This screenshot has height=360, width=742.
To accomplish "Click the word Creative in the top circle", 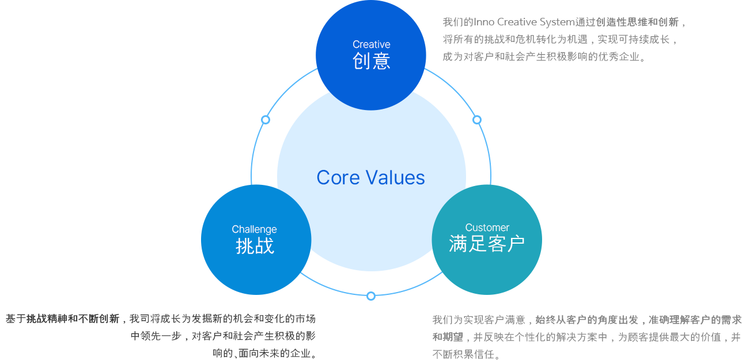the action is tap(372, 44).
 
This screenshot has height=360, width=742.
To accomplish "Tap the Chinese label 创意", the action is tap(372, 61).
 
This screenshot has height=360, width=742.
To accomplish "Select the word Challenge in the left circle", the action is tap(255, 229).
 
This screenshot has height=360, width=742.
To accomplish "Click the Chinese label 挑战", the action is tap(255, 246).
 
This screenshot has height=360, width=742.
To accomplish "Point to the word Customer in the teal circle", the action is tap(487, 228).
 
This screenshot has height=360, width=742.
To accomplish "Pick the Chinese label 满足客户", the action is tap(487, 244).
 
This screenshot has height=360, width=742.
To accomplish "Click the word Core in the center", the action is tap(338, 177).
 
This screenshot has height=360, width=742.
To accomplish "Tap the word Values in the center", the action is tap(396, 177).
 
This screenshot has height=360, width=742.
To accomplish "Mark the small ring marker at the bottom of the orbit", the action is tap(371, 295).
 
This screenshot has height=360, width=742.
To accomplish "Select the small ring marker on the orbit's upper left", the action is tap(266, 120).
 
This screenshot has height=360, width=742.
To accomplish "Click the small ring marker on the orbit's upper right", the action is tap(476, 120).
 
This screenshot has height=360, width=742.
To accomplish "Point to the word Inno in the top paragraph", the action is tap(484, 22).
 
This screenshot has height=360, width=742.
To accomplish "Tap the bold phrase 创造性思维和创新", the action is tap(637, 22).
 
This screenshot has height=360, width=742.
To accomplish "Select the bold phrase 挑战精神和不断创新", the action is tap(73, 319).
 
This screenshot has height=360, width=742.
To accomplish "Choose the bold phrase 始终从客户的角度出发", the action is tap(587, 320).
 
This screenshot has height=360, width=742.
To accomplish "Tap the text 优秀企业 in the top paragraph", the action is tap(619, 56).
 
